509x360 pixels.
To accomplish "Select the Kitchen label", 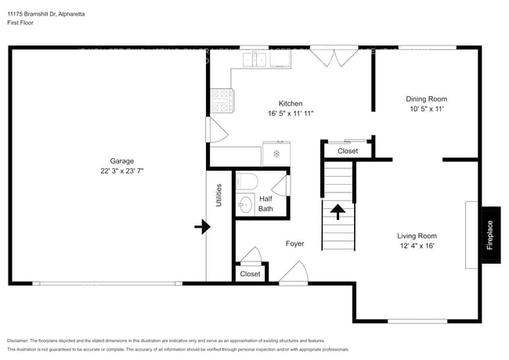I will pos(291,103).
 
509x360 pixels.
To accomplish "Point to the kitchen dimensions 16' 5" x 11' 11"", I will pos(291,114).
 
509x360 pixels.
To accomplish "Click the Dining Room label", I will pos(426,99).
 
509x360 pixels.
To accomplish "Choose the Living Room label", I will pos(417,235).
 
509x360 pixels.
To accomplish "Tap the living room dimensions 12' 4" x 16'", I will pos(417,246).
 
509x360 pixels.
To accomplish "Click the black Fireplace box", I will pos(490,235).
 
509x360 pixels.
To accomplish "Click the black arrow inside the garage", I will pos(202,227).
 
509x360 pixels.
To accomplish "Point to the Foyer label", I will pos(294,243).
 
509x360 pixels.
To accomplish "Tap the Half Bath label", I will pos(266,203).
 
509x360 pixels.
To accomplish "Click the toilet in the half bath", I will pos(246,182).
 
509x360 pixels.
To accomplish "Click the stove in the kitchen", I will pos(222,100).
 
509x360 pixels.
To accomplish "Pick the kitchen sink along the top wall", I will pos(254,59).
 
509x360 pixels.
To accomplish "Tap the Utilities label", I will pos(219,196).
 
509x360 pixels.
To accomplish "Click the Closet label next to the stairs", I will pos(348,151).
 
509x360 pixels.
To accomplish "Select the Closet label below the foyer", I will pos(251,274).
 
